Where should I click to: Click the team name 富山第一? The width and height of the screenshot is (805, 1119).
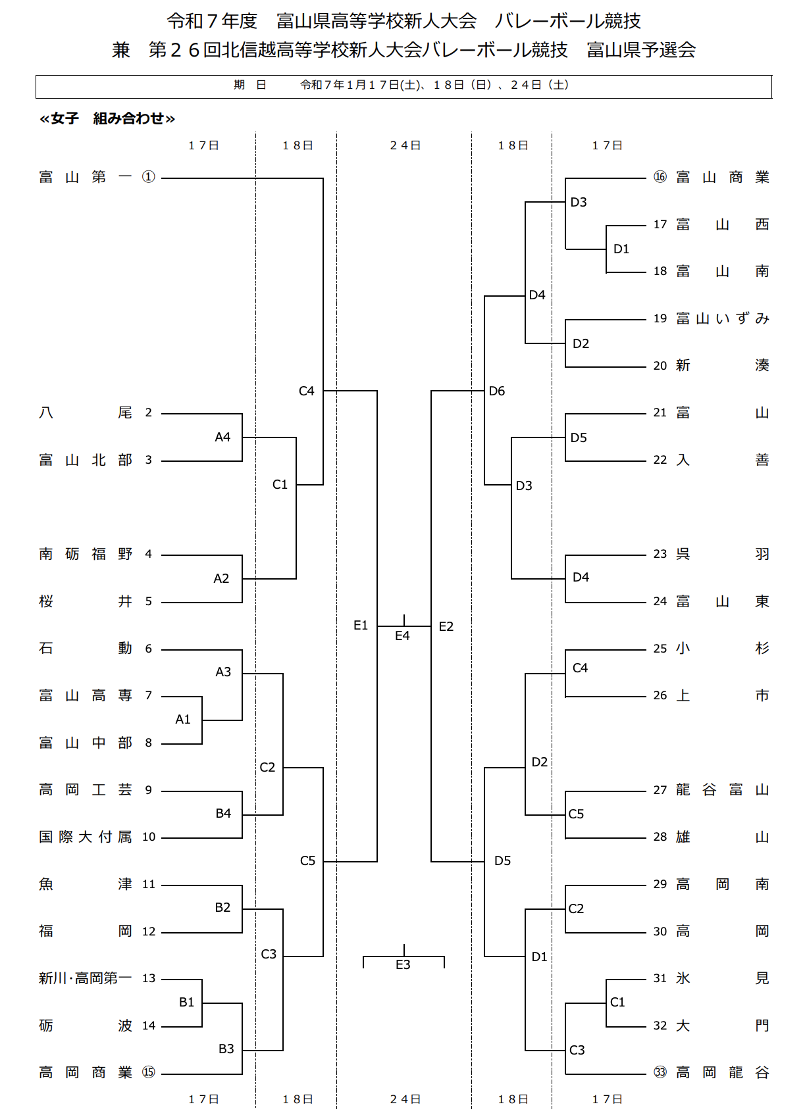point(85,177)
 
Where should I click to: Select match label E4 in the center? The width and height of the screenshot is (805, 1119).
point(402,635)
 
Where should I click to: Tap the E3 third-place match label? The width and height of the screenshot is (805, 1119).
point(403,964)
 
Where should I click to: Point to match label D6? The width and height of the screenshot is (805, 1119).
point(497,391)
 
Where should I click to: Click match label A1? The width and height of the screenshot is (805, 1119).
point(183,720)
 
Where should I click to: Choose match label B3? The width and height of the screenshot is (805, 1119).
point(226,1049)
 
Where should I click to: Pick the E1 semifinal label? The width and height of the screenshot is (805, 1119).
point(361,625)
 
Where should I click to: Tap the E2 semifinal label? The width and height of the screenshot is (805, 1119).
point(446,626)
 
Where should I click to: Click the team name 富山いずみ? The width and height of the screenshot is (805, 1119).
point(722,318)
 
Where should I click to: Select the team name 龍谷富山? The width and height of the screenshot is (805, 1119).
point(722,789)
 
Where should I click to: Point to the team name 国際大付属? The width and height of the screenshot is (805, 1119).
point(85,837)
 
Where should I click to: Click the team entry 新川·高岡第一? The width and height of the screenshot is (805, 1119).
point(85,978)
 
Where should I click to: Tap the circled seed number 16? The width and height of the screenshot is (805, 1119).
point(660,177)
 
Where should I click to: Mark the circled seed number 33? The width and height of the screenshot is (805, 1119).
point(660,1072)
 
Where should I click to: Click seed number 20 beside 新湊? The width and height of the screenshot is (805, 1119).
point(660,366)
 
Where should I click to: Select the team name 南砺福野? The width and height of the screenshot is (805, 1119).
point(85,554)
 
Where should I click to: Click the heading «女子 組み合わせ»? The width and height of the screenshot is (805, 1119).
point(107,118)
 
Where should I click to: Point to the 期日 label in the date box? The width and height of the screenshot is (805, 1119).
point(249,85)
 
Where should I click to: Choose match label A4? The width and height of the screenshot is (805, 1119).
point(222,437)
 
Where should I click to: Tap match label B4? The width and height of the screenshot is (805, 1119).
point(223,813)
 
